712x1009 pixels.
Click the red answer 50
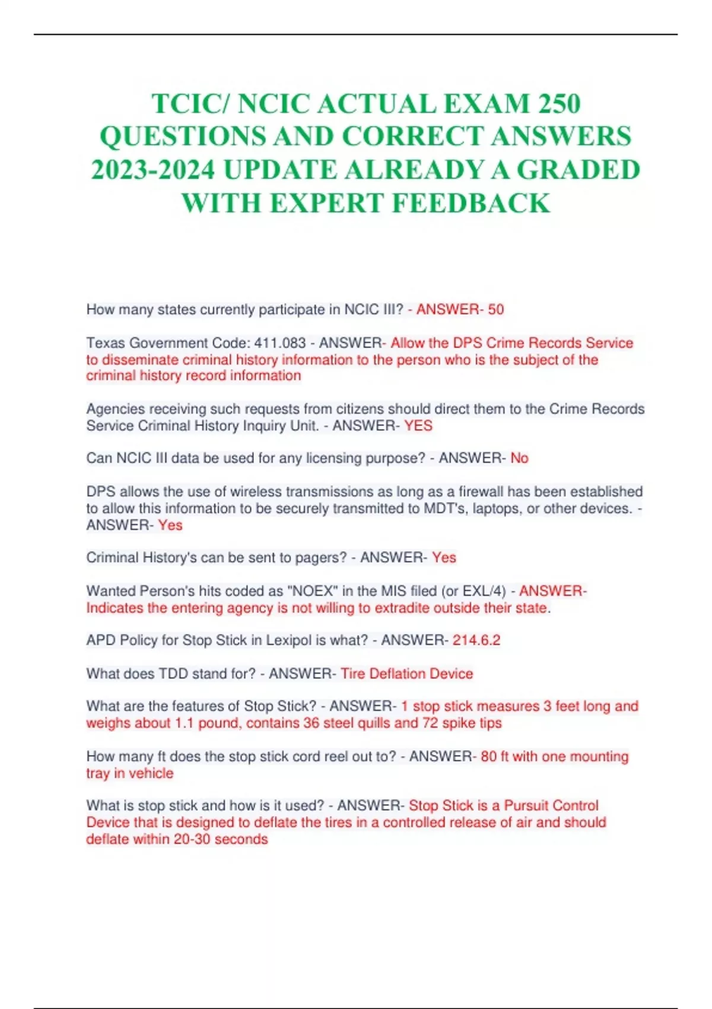[x=496, y=309]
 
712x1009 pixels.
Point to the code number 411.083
[x=280, y=343]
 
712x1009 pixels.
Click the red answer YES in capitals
[x=418, y=426]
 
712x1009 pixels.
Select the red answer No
[x=519, y=458]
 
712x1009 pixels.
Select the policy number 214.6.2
[x=476, y=640]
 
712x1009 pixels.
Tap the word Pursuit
[x=527, y=805]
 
